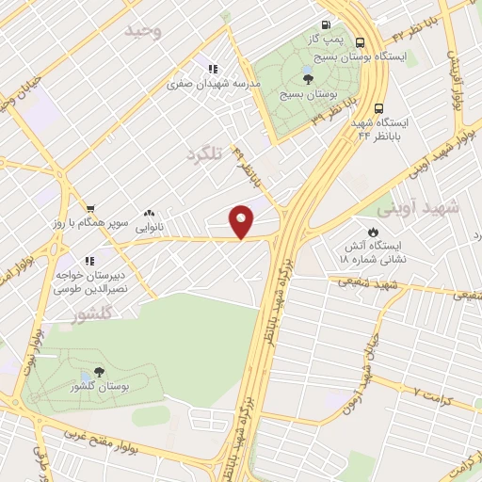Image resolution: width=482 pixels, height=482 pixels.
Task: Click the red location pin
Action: click(242, 220)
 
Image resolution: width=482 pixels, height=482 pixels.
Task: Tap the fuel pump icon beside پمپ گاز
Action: click(326, 25)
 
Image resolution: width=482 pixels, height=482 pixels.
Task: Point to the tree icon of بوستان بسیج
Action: click(309, 78)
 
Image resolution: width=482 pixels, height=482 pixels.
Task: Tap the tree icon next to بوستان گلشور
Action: click(101, 373)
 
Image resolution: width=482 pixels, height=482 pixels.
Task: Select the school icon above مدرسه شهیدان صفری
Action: click(214, 69)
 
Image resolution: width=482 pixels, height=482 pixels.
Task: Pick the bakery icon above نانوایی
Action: click(149, 214)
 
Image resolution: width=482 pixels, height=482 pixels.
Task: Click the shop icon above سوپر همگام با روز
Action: click(90, 209)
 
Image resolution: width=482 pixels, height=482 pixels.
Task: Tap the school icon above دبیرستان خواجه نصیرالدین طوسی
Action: click(88, 261)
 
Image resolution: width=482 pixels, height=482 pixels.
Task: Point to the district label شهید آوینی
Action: click(418, 208)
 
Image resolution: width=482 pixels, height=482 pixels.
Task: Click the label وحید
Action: click(156, 34)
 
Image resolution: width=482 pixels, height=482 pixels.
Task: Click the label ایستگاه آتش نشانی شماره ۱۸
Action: click(373, 250)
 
